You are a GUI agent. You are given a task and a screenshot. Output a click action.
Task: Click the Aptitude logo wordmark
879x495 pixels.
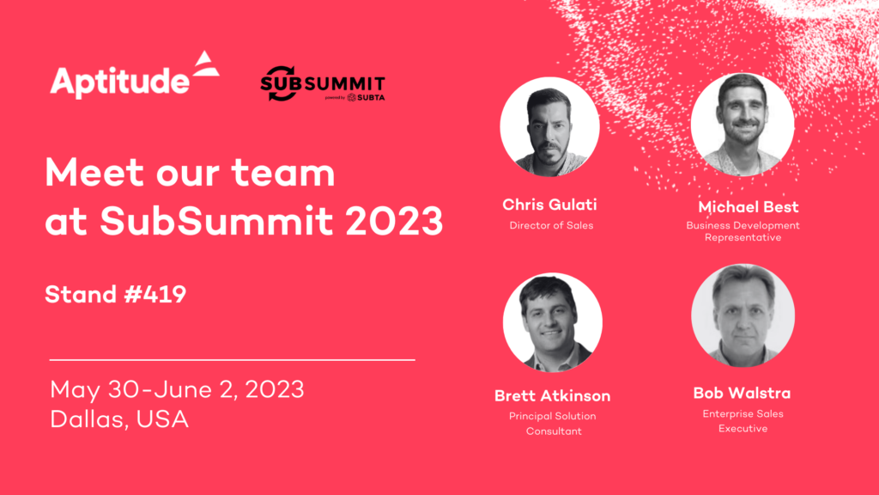tap(119, 82)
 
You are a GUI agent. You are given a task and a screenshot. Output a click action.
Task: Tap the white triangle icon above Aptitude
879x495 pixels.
tap(206, 65)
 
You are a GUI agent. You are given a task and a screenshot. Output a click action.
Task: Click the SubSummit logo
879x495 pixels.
tap(323, 84)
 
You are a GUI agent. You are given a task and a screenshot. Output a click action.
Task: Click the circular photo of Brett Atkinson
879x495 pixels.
tap(552, 323)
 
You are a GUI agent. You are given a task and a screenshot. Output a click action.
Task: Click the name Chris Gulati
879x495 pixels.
tap(549, 205)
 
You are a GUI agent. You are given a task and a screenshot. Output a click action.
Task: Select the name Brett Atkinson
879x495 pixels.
tap(553, 396)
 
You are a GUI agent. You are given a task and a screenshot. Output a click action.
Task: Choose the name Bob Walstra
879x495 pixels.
tap(743, 394)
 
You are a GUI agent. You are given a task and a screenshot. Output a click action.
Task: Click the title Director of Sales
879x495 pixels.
tap(549, 226)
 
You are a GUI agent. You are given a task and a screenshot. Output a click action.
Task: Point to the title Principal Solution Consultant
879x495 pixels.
tap(553, 424)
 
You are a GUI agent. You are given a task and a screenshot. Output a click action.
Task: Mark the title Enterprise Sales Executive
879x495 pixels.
tap(743, 421)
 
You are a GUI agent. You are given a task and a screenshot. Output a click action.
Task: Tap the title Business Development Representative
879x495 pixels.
tap(743, 231)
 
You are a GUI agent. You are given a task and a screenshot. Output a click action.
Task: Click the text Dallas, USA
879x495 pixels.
tap(119, 419)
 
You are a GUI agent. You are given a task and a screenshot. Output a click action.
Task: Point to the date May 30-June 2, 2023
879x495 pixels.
tap(177, 389)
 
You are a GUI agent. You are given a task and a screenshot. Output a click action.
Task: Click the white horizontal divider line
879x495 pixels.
tap(232, 359)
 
